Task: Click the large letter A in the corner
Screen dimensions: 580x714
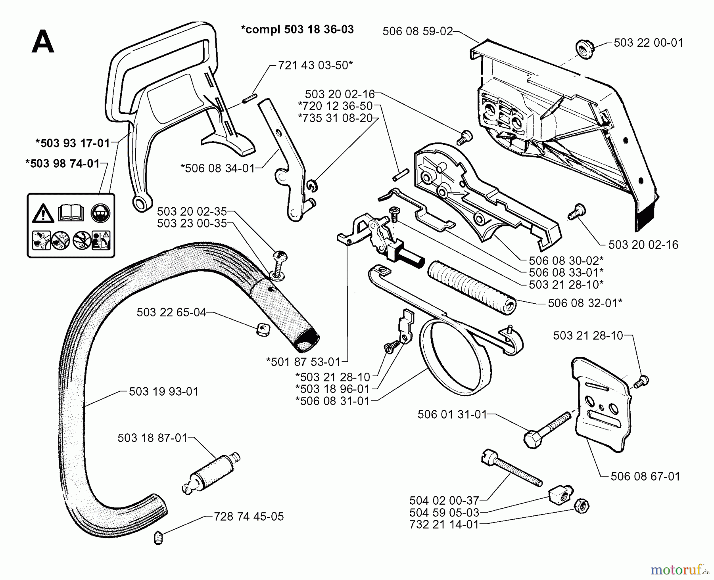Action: point(42,42)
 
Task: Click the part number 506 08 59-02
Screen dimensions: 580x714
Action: point(417,31)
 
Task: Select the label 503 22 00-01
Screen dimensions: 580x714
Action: point(648,43)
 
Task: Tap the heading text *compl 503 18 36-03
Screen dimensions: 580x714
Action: point(297,29)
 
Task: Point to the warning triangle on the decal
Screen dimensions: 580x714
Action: point(43,214)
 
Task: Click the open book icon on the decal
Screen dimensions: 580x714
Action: point(71,213)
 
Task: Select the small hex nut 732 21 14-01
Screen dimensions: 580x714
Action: point(582,505)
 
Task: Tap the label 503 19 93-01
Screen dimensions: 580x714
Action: point(163,392)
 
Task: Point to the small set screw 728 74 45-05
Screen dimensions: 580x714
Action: point(158,538)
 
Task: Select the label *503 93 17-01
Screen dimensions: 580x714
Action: point(73,143)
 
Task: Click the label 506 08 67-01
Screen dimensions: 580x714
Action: point(645,476)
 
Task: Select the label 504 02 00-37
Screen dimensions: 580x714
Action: point(444,500)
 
